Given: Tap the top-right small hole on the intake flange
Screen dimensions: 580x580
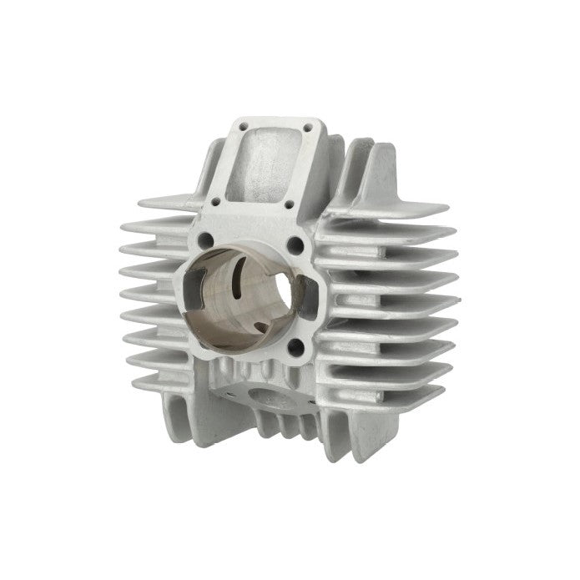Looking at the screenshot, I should tap(309, 128).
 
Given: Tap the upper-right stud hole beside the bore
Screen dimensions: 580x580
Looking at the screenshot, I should tap(296, 245).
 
